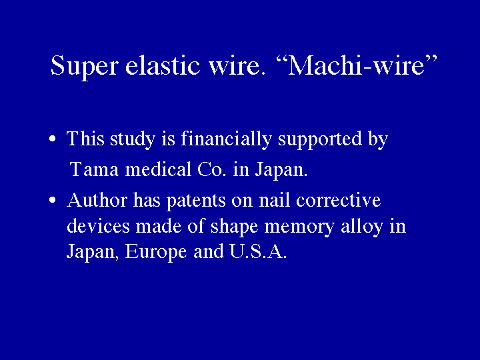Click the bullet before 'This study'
(52, 141)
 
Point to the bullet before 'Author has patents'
(52, 201)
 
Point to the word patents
(194, 201)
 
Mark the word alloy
(360, 227)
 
